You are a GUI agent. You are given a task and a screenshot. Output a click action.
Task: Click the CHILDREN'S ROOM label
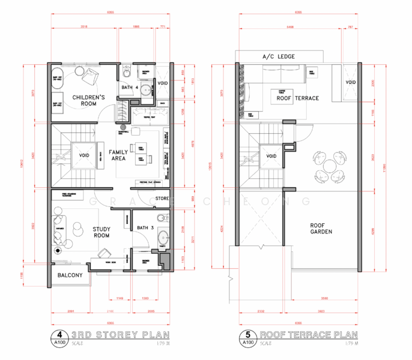[x=88, y=100]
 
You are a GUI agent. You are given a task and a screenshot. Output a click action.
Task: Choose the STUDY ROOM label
[x=101, y=232]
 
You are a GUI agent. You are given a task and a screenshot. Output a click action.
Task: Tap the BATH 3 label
[x=145, y=227]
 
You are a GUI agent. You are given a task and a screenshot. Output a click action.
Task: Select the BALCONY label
[x=70, y=275]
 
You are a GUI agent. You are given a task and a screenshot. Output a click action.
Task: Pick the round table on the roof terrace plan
[x=327, y=165]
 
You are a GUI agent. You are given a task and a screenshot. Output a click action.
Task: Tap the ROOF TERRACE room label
[x=297, y=98]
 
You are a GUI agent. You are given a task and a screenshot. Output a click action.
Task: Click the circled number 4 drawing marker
[x=59, y=335]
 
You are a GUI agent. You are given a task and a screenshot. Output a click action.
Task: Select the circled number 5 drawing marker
[x=247, y=335]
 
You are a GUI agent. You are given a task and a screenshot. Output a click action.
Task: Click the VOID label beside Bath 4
[x=163, y=83]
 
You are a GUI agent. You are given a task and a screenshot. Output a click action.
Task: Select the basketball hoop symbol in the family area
[x=124, y=128]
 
